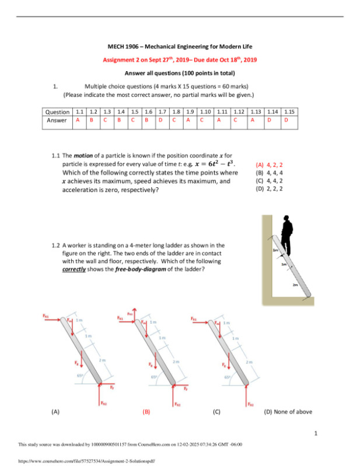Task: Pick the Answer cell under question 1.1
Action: click(x=78, y=120)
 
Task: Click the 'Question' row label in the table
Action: click(x=57, y=111)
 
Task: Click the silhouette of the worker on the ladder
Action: click(x=286, y=236)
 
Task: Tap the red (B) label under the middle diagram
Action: click(x=146, y=411)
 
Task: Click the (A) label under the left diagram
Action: click(x=55, y=411)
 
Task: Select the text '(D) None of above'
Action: click(x=288, y=411)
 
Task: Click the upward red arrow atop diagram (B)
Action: click(x=135, y=312)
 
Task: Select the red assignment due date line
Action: click(x=180, y=59)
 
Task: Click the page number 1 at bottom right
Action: click(x=314, y=433)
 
